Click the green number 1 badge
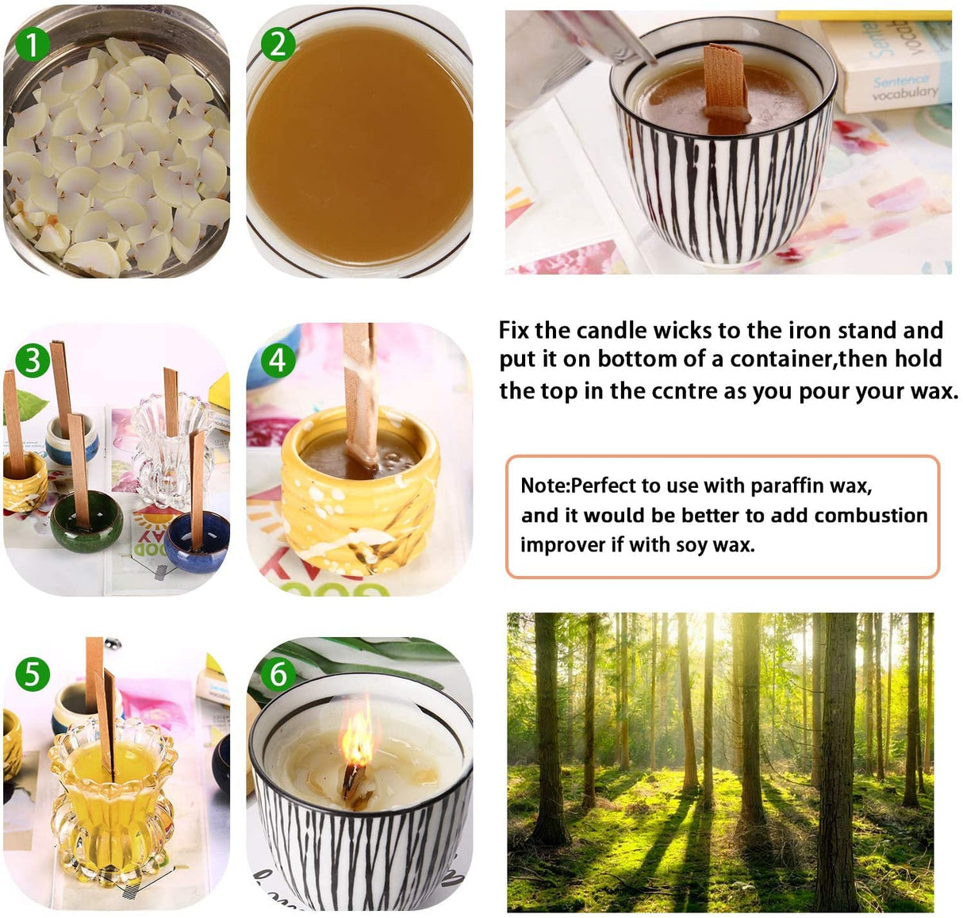32,45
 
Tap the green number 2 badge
278,45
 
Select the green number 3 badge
33,361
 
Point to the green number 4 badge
278,361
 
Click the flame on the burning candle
358,739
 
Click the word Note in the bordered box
543,486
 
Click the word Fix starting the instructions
514,330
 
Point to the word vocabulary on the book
904,92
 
